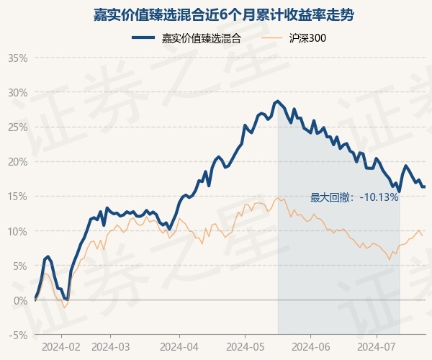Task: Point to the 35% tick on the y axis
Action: (18, 58)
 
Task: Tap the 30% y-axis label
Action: (18, 92)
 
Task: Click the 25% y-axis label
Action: (18, 127)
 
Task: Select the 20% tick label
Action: (18, 161)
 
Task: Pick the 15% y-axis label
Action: (18, 196)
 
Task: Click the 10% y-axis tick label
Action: (18, 231)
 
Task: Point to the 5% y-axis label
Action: (20, 266)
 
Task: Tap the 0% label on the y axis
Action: (20, 300)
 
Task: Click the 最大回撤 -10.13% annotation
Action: (354, 197)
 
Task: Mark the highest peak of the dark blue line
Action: (277, 101)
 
